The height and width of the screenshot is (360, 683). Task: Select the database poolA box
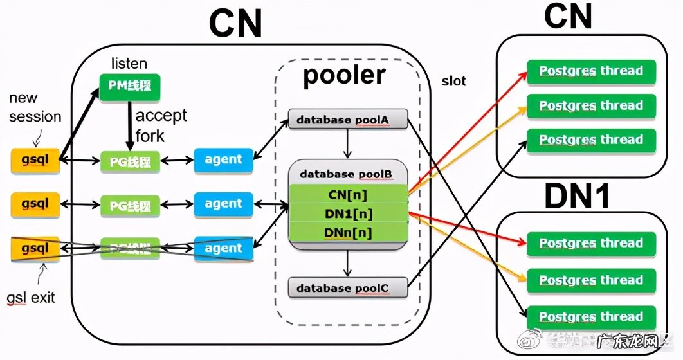tap(347, 120)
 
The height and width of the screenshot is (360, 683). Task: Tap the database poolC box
tap(347, 288)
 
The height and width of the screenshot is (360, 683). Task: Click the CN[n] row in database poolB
tap(348, 194)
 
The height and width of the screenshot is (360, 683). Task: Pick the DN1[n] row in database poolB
tap(348, 213)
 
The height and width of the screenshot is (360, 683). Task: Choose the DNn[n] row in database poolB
tap(348, 232)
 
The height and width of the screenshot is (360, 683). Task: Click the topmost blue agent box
tap(223, 159)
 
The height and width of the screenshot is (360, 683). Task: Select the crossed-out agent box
tap(223, 248)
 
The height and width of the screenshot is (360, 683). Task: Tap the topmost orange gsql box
tap(35, 159)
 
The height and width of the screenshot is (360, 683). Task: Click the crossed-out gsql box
tap(35, 248)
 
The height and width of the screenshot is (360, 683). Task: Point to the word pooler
tap(344, 76)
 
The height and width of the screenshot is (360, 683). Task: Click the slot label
tap(453, 82)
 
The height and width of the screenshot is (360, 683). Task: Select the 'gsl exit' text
tap(31, 298)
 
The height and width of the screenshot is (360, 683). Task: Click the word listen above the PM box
tap(129, 63)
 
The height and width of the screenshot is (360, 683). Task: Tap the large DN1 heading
tap(577, 198)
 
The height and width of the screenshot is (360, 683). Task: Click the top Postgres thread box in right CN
tap(590, 71)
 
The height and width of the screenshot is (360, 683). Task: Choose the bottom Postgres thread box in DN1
tap(590, 317)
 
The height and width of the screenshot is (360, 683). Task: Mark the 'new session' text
tap(35, 107)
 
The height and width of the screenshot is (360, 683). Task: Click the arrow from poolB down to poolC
tap(347, 262)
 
